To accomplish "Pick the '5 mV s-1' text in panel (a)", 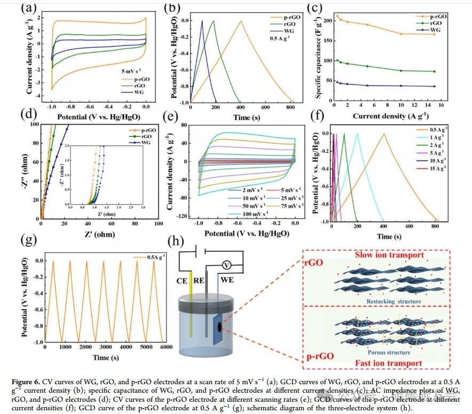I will (129, 69).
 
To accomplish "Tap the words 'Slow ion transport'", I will (389, 255).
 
